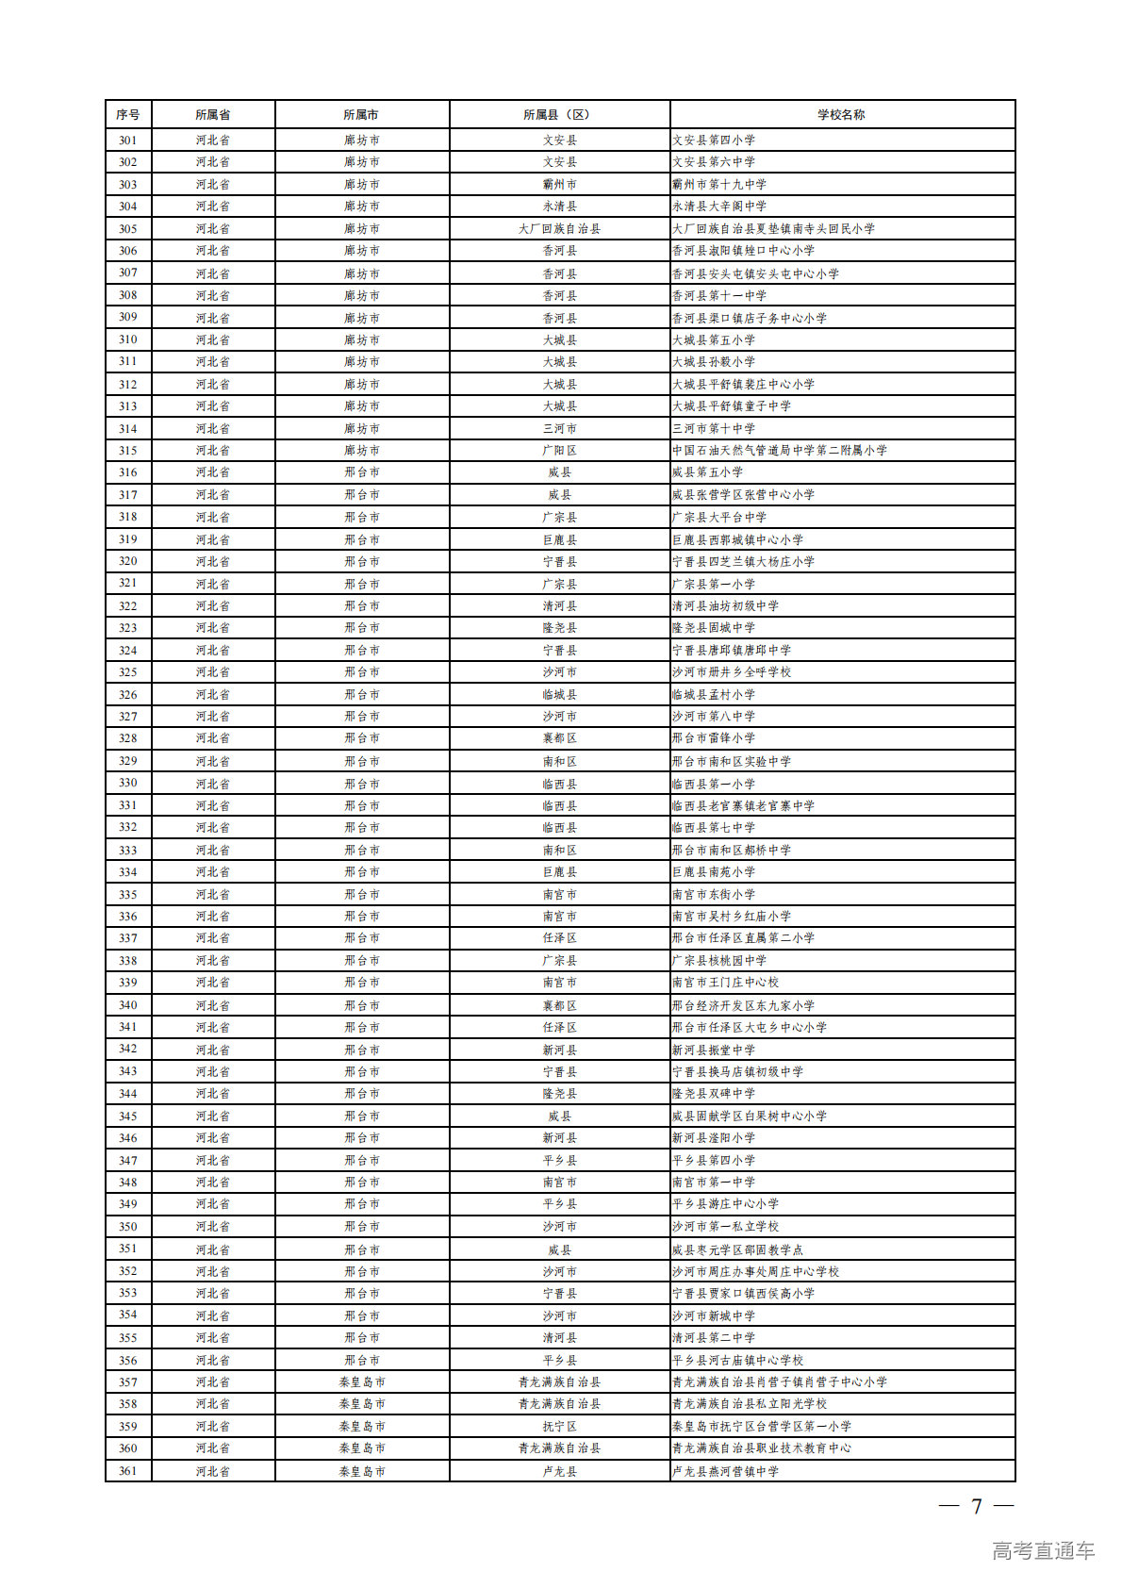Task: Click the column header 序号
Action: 127,115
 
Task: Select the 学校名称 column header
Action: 841,115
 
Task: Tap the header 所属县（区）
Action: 559,115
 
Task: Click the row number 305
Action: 127,229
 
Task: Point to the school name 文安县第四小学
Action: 714,141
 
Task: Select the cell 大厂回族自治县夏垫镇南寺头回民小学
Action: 773,229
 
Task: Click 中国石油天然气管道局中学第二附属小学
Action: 779,451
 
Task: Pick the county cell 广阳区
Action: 559,451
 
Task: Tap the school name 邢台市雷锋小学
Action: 714,738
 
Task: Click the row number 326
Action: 127,695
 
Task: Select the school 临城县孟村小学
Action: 714,695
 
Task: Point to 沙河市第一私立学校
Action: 725,1227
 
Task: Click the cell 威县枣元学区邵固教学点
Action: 737,1249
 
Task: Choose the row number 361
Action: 127,1471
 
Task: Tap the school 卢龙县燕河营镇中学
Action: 725,1471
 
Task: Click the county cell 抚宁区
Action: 559,1427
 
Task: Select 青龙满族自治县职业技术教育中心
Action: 761,1448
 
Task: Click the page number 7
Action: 977,1507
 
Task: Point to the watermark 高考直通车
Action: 1043,1551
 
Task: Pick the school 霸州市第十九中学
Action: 719,185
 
